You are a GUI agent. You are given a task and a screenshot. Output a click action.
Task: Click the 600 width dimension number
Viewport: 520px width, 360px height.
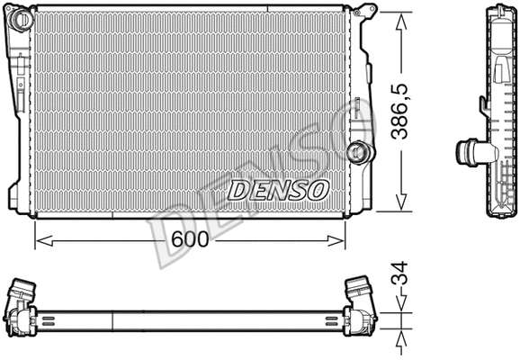pos(190,239)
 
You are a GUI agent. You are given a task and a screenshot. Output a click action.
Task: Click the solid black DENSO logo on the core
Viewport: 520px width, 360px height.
pos(278,190)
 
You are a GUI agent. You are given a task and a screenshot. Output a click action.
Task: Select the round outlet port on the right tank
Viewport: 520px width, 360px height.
pos(359,151)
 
